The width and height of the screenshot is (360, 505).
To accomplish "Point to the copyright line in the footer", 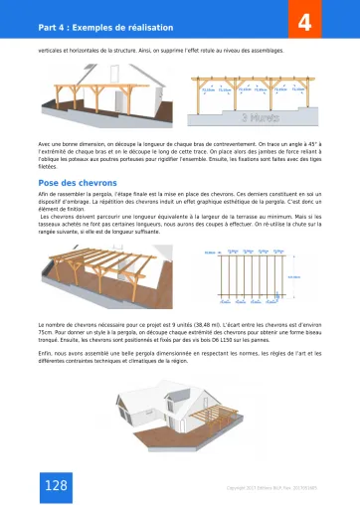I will [x=271, y=486].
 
